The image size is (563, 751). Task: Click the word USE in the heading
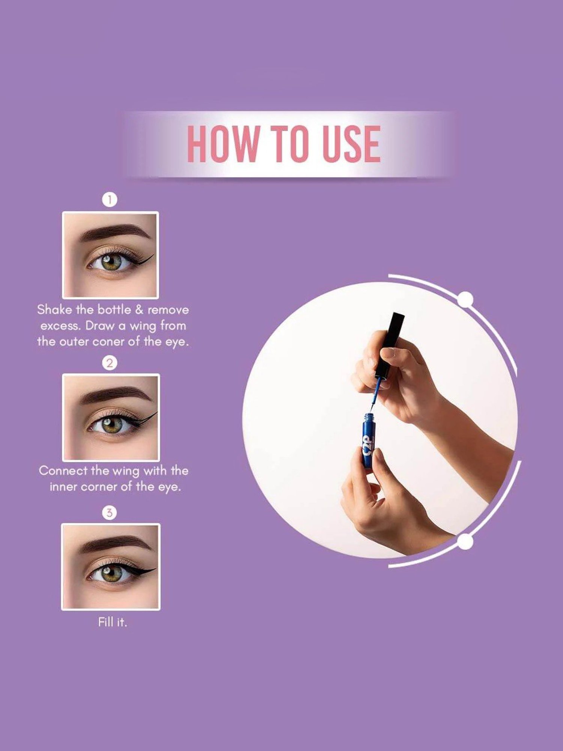tap(351, 144)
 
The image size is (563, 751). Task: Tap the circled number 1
tap(110, 199)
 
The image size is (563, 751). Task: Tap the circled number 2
tap(110, 363)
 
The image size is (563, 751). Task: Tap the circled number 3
tap(110, 513)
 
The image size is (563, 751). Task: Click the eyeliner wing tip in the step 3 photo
tap(155, 569)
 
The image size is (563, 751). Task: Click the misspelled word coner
tap(105, 342)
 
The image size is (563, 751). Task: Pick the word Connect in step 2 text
tap(63, 471)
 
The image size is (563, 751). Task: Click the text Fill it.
tap(113, 623)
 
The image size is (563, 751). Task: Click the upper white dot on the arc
tap(466, 299)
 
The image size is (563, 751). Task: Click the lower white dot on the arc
tap(466, 541)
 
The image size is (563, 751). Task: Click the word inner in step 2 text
tap(64, 487)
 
